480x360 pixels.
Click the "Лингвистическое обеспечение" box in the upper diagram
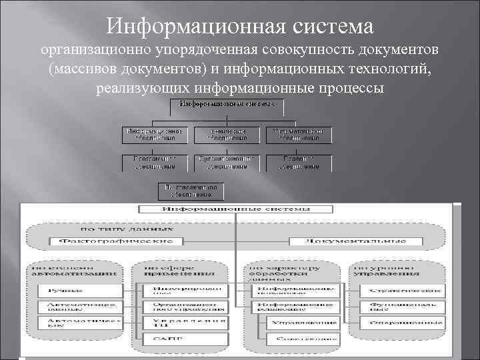(x=189, y=191)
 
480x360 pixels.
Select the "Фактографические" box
(x=116, y=240)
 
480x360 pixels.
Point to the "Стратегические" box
(x=403, y=291)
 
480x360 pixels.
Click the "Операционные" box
(x=403, y=323)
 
